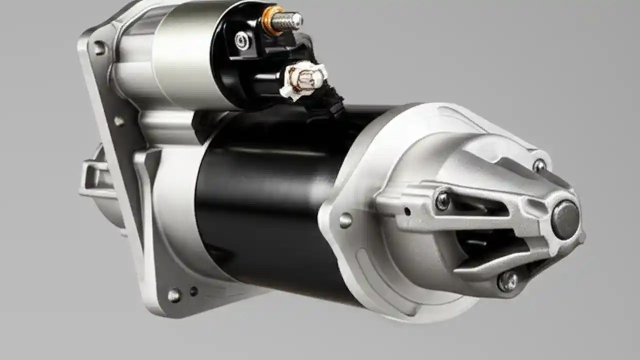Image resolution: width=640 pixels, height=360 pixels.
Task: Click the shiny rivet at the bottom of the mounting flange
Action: (x=174, y=295)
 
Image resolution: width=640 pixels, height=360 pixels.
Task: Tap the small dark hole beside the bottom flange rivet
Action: (x=193, y=291)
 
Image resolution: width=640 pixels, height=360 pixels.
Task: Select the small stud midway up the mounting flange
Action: (x=119, y=121)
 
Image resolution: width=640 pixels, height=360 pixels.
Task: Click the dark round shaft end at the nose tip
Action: (x=565, y=220)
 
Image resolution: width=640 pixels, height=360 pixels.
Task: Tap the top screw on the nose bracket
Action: (x=539, y=165)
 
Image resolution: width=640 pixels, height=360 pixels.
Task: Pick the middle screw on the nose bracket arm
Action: (x=442, y=200)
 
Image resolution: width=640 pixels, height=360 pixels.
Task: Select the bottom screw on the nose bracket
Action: (x=507, y=281)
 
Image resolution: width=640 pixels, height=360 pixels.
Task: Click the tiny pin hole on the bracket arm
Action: (x=407, y=211)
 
